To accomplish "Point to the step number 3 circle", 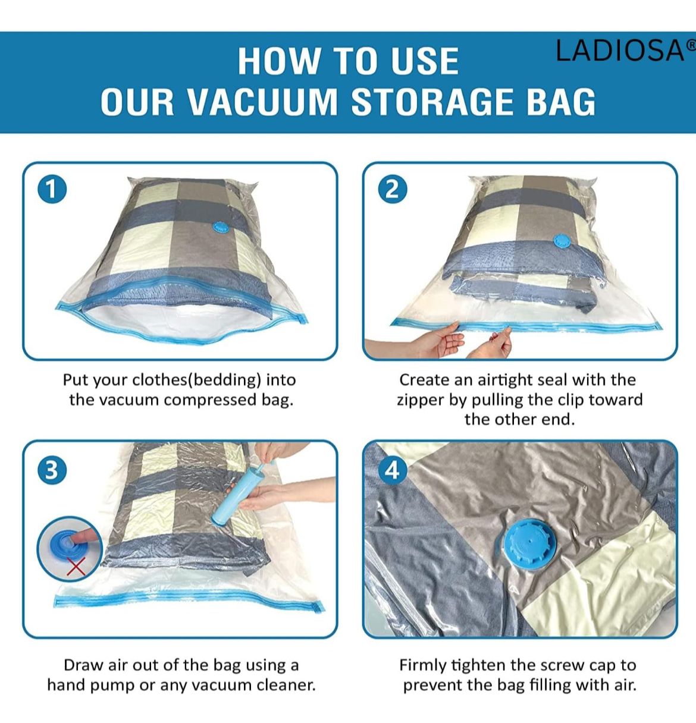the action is (x=52, y=470).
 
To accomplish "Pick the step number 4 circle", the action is (x=393, y=470).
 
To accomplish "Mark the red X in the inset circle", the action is (x=77, y=566).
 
